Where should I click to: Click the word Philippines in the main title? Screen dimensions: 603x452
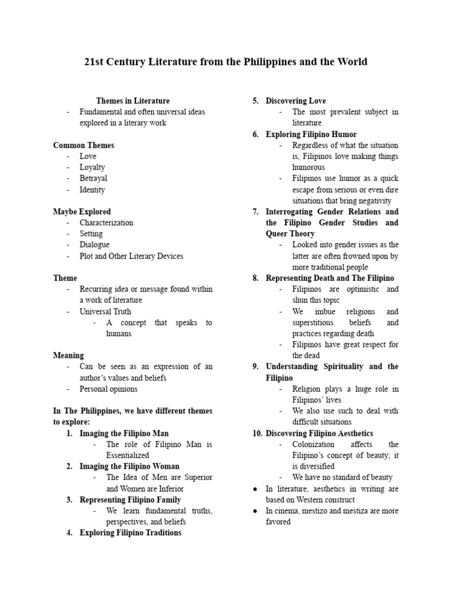pos(258,62)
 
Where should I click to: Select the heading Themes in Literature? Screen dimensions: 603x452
pos(133,101)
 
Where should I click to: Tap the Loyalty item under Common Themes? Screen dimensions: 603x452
pos(92,167)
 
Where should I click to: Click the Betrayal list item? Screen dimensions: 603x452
pos(94,178)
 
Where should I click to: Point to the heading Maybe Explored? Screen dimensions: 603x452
pos(82,211)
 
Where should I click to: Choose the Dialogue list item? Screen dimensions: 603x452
pos(95,244)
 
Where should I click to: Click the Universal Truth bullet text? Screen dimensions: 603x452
pos(105,312)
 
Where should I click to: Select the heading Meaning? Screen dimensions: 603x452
pos(68,356)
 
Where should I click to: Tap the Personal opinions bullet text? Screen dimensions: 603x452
pos(109,389)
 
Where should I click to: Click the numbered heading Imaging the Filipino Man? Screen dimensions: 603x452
pos(124,433)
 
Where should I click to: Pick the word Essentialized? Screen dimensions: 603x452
pos(128,455)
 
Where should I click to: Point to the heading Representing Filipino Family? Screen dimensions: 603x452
pos(130,499)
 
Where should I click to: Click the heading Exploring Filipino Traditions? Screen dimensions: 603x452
pos(130,533)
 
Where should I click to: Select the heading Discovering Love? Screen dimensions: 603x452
pos(295,101)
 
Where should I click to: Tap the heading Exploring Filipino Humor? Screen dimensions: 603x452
pos(311,134)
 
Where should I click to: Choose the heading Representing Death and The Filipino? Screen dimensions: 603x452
pos(330,278)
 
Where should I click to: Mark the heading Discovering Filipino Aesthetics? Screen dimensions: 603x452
pos(319,433)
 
